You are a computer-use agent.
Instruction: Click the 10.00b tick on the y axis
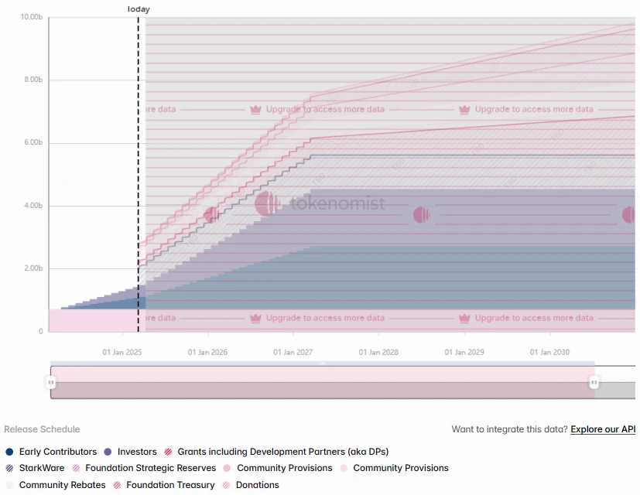pyautogui.click(x=31, y=17)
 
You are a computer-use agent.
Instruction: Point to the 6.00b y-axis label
pyautogui.click(x=31, y=143)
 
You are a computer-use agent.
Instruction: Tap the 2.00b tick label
pyautogui.click(x=31, y=268)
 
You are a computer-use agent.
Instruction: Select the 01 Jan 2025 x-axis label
pyautogui.click(x=122, y=353)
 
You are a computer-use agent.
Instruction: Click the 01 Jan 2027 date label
pyautogui.click(x=293, y=353)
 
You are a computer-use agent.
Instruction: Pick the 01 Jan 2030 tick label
pyautogui.click(x=549, y=353)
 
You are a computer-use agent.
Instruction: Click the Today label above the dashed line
pyautogui.click(x=139, y=9)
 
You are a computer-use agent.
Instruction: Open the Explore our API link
pyautogui.click(x=603, y=429)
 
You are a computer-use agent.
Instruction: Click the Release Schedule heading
pyautogui.click(x=42, y=429)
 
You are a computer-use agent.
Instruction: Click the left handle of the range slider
pyautogui.click(x=51, y=382)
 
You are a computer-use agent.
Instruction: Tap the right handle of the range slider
pyautogui.click(x=594, y=382)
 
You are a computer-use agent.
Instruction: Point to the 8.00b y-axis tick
pyautogui.click(x=31, y=80)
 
